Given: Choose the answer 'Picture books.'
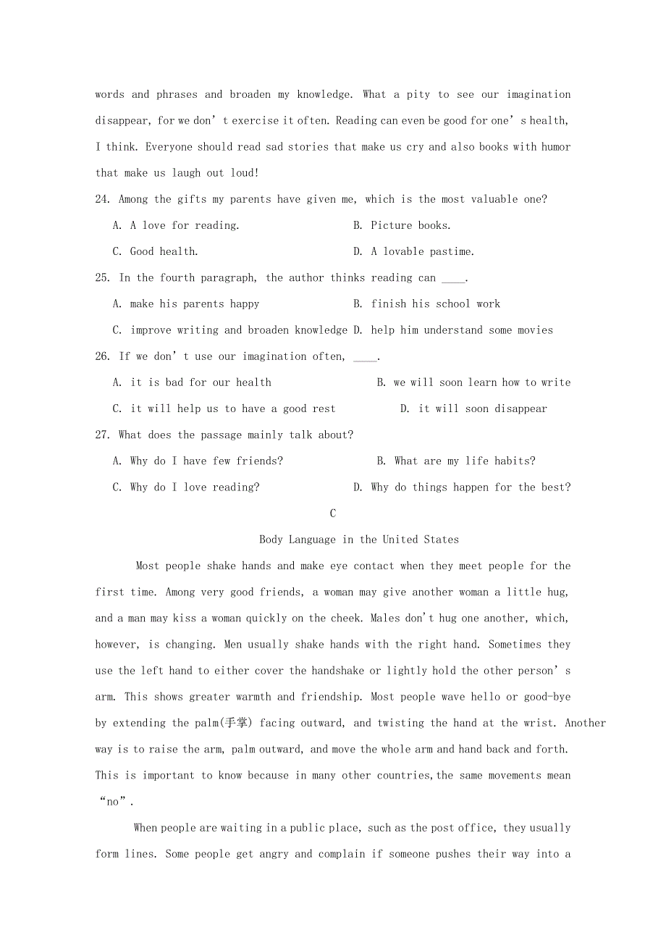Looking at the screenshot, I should click(410, 225).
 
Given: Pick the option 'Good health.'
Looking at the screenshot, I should click(164, 251).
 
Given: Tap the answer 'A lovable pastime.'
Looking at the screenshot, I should click(422, 251).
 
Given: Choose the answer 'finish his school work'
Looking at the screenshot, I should click(435, 303).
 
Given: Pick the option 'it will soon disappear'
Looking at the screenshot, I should click(483, 408).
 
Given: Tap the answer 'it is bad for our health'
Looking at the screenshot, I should click(201, 382).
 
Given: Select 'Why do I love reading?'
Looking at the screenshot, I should click(194, 487).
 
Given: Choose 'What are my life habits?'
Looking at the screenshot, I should click(465, 461).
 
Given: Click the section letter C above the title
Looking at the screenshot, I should click(333, 514).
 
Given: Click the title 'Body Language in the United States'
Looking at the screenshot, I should click(359, 540).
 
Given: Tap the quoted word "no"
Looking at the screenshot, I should click(113, 802).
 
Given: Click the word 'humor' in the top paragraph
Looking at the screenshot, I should click(555, 147).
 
